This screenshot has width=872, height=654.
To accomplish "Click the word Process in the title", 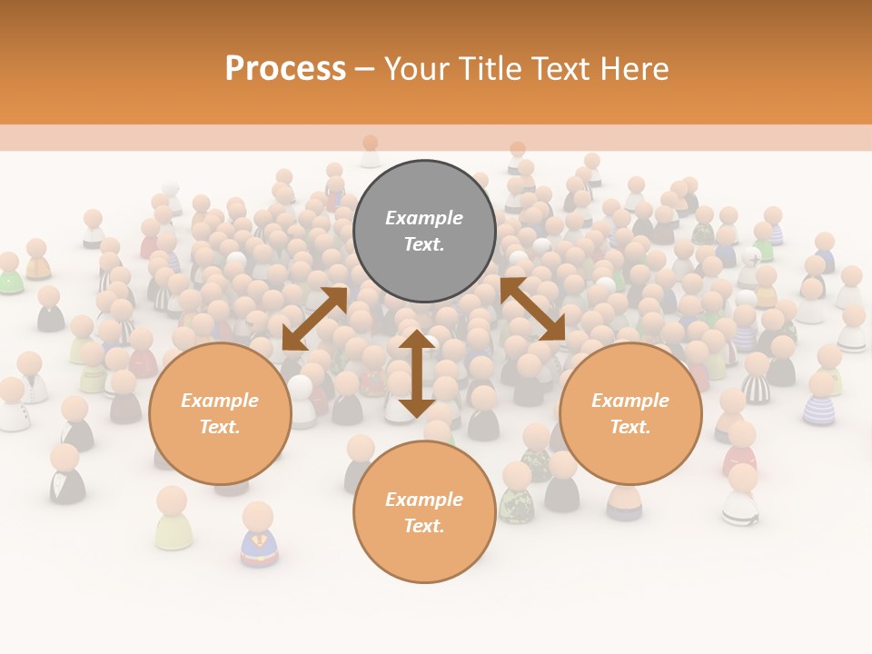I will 285,69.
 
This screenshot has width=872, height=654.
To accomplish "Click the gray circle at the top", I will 424,232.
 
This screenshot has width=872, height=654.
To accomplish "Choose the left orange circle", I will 220,413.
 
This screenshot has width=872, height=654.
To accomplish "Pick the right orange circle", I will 630,413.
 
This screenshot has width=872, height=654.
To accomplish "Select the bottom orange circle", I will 424,512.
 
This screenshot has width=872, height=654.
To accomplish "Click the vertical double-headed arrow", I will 416,373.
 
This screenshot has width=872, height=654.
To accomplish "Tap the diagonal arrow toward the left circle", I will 314,318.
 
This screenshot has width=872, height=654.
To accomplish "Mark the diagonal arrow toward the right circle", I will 533,310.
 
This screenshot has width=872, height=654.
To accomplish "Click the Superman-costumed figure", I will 259,536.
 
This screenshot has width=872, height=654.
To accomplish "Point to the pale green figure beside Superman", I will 173,520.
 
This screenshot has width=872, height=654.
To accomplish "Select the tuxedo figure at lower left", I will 66,475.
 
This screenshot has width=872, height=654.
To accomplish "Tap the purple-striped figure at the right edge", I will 820,401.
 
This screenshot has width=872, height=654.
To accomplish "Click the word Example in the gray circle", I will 424,218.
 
